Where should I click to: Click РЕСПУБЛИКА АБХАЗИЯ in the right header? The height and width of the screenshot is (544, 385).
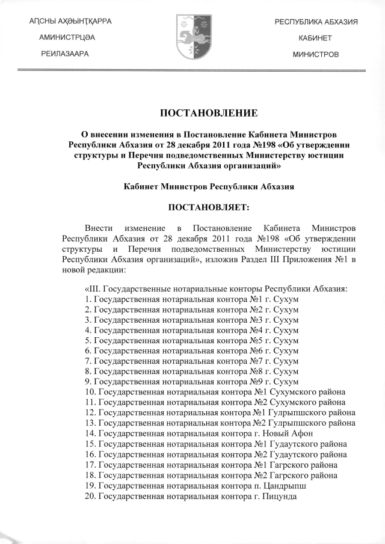click(316, 22)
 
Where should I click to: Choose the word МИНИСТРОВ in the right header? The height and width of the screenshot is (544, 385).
click(316, 54)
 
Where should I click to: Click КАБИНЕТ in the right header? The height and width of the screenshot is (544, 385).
click(316, 38)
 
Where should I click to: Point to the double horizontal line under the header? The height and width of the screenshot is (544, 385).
click(192, 70)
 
